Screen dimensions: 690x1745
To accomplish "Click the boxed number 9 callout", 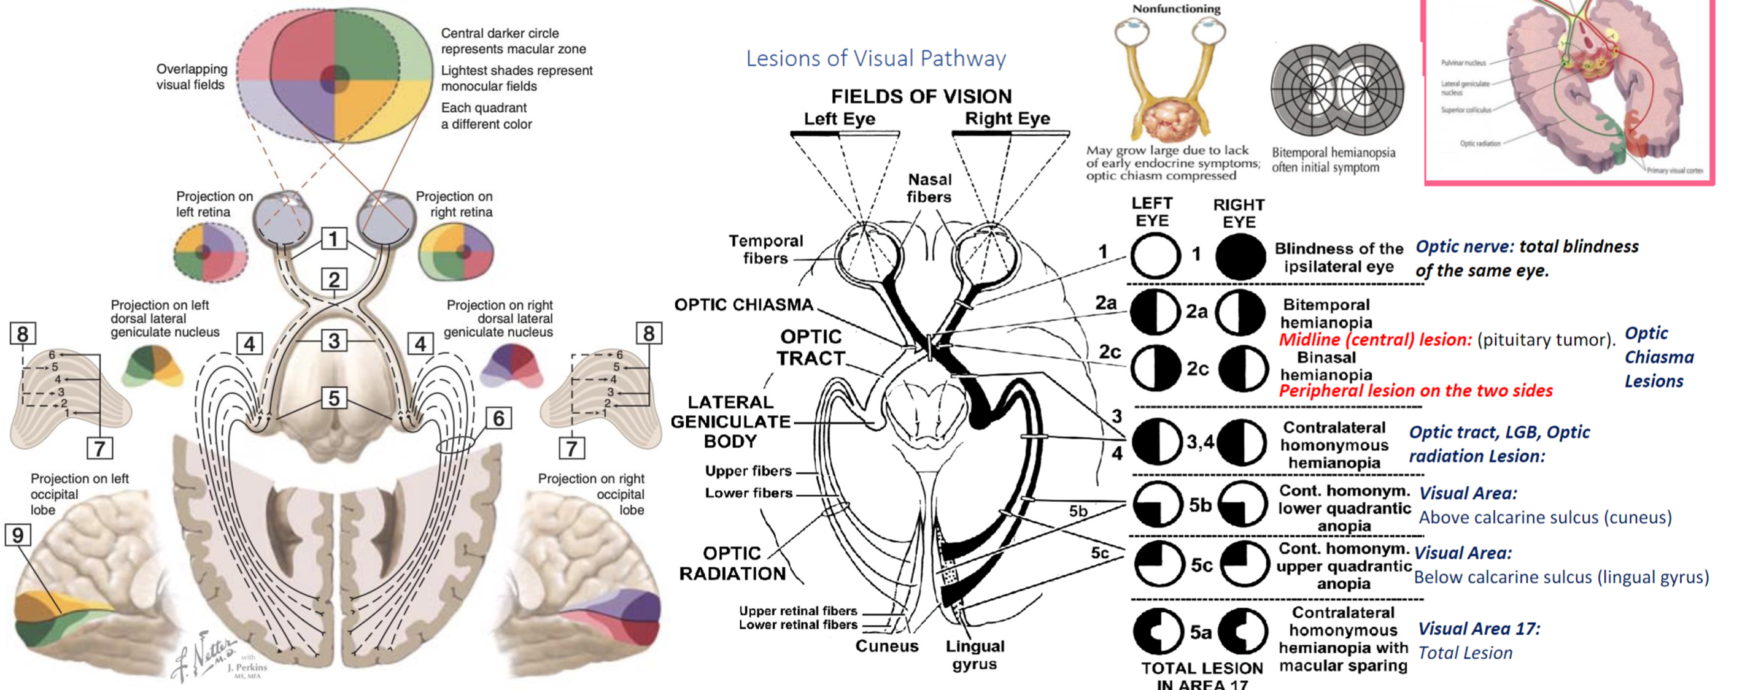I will point(18,535).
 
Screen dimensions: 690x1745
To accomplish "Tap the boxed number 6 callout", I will point(498,418).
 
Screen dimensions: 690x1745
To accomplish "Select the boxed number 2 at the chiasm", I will point(333,279).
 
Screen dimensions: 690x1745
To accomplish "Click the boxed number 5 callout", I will point(333,398).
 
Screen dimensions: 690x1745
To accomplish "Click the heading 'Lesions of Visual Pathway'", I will point(875,59).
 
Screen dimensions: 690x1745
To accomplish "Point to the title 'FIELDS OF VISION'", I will point(921,96).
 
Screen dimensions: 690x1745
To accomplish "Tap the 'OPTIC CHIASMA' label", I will point(743,305).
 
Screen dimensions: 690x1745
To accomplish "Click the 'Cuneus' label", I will point(886,646).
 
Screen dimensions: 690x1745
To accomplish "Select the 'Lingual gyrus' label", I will point(975,655).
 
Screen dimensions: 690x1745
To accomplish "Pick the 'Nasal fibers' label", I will point(929,188).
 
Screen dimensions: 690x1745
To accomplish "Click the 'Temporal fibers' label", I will point(765,249).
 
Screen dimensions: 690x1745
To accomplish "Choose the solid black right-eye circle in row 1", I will point(1240,256).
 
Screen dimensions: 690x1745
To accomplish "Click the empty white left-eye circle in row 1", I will point(1155,256).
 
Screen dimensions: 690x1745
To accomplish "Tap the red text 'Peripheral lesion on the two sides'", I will point(1415,391).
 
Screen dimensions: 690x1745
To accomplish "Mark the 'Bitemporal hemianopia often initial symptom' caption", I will point(1333,160).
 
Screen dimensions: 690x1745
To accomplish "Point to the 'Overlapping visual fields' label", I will point(191,77).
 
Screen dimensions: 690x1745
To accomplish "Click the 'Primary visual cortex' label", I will point(1674,171).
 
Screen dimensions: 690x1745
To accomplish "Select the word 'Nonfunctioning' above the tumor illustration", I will point(1176,9).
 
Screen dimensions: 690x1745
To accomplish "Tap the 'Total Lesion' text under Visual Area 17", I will point(1464,653).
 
